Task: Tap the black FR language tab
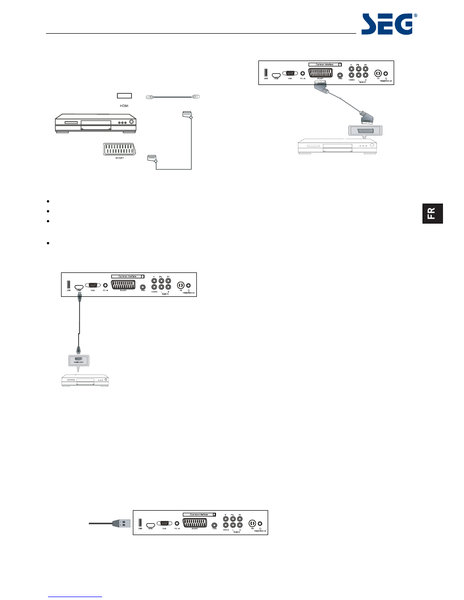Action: click(x=433, y=214)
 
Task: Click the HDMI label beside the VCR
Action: click(x=125, y=105)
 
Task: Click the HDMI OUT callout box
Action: click(x=78, y=360)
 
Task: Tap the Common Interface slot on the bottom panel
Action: click(x=199, y=515)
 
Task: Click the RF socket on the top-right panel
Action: click(x=377, y=74)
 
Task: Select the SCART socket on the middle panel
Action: click(x=123, y=286)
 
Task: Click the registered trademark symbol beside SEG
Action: click(x=416, y=16)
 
